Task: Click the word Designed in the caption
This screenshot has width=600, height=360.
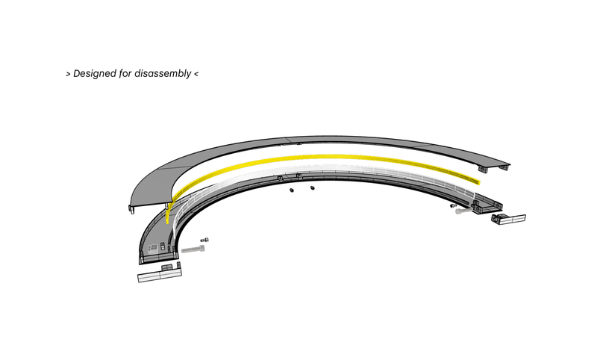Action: (x=94, y=73)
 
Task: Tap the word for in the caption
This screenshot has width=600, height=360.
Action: (x=125, y=73)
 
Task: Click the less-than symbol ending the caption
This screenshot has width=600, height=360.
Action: (x=196, y=73)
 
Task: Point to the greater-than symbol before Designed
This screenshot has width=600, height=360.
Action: (x=68, y=73)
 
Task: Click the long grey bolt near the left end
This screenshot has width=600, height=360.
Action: (x=193, y=249)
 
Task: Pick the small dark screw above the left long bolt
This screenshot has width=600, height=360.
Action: (x=204, y=240)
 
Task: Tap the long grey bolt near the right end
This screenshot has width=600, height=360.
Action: (x=464, y=211)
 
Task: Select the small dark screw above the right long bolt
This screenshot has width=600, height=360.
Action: (x=454, y=205)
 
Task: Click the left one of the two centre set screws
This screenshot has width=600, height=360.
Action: (x=292, y=190)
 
